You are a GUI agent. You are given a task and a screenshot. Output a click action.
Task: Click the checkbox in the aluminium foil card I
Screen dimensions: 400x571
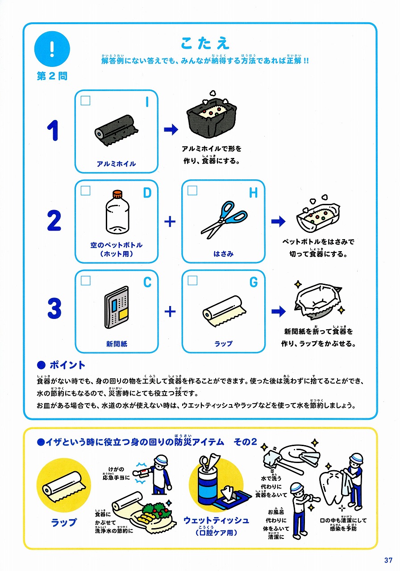click(x=85, y=100)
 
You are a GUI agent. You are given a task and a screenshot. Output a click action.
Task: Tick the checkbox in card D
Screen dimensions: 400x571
click(x=85, y=190)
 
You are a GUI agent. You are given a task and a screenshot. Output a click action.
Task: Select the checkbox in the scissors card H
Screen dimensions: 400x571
click(x=192, y=190)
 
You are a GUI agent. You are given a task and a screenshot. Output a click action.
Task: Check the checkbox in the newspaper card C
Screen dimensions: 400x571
click(x=85, y=281)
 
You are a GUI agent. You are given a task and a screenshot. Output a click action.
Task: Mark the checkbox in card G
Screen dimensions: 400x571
click(x=192, y=281)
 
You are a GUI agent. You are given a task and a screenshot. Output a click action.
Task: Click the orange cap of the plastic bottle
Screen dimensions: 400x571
click(x=117, y=194)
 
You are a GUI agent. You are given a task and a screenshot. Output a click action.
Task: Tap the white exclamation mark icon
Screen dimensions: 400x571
click(x=52, y=49)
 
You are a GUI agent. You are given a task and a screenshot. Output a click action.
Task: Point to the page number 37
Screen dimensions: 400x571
click(x=388, y=560)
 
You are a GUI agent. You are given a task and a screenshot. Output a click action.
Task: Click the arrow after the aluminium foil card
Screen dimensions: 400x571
click(x=171, y=129)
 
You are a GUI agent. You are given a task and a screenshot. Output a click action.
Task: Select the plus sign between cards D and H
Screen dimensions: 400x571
click(x=170, y=221)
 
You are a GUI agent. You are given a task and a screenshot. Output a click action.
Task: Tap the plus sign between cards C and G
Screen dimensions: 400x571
click(x=170, y=311)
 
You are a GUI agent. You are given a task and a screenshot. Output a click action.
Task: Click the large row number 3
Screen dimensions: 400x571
click(x=54, y=308)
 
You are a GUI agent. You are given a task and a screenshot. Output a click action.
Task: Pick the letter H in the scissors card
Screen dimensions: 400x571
click(x=253, y=193)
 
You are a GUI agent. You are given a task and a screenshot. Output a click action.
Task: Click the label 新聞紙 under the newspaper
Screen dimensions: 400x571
click(x=117, y=344)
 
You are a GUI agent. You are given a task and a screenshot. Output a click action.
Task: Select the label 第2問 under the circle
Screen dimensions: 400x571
click(x=52, y=76)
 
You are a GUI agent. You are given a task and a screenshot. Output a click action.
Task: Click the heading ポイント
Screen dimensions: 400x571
click(x=67, y=365)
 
